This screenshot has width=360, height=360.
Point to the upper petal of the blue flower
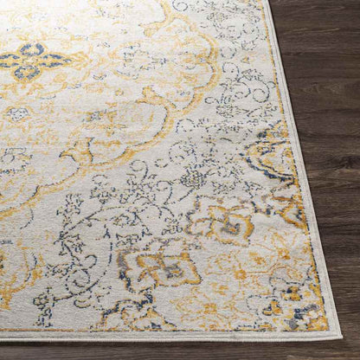tap(33, 48)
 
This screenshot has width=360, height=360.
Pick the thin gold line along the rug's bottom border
tap(173, 329)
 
